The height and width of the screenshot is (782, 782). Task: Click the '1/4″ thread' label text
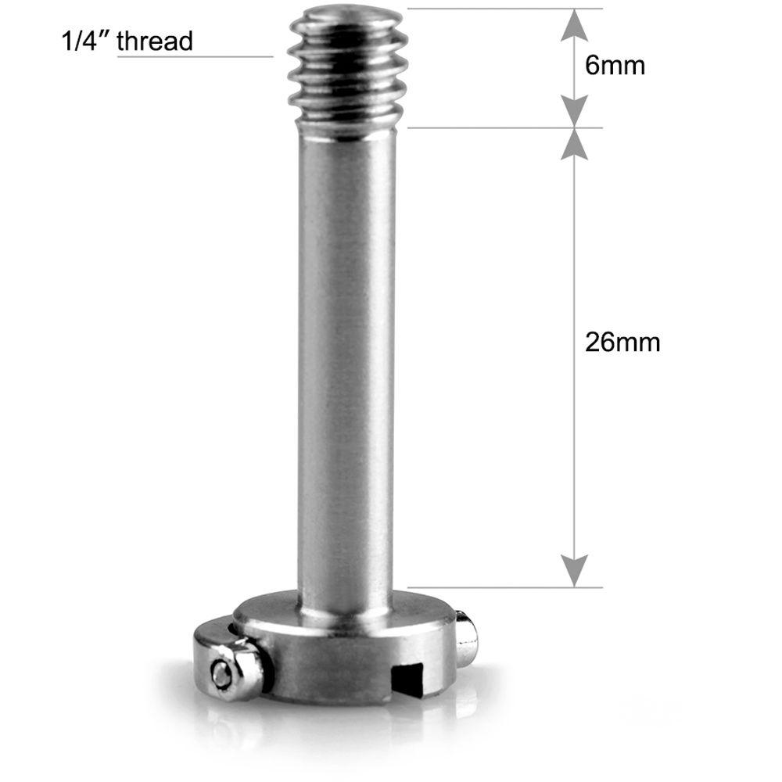click(127, 41)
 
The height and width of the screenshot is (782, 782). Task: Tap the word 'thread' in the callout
click(154, 41)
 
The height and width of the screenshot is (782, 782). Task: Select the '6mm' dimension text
click(615, 66)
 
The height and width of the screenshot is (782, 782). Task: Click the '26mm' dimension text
click(622, 343)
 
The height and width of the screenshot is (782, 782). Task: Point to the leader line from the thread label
click(195, 56)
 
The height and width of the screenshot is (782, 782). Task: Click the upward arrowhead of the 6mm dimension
click(575, 25)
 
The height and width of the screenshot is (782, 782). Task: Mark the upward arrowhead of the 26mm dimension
click(575, 144)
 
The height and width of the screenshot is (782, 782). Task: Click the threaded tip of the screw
click(347, 74)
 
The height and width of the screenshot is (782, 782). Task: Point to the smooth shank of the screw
click(347, 352)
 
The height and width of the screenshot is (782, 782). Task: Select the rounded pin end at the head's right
click(467, 637)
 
